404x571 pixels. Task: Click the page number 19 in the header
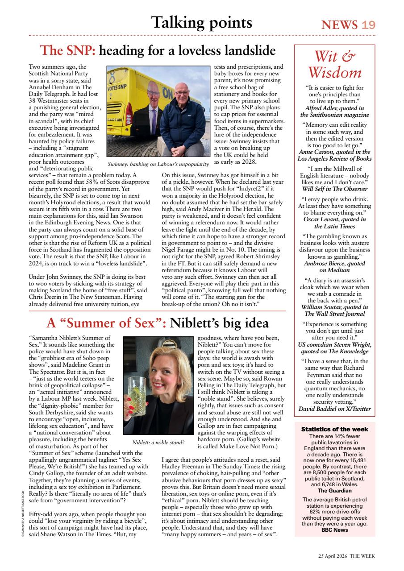pyautogui.click(x=369, y=25)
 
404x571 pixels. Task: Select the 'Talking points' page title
pyautogui.click(x=201, y=22)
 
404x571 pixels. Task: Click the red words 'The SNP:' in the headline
pyautogui.click(x=67, y=50)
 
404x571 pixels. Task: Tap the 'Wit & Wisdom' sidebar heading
pyautogui.click(x=335, y=64)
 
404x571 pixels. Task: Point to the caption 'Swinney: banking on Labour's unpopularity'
pyautogui.click(x=158, y=165)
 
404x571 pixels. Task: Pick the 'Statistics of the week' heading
pyautogui.click(x=335, y=429)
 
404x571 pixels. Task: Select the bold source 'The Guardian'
pyautogui.click(x=335, y=490)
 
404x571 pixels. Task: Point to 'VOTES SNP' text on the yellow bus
pyautogui.click(x=117, y=86)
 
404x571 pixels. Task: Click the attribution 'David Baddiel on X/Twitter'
pyautogui.click(x=335, y=409)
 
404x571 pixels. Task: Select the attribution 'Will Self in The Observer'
pyautogui.click(x=335, y=188)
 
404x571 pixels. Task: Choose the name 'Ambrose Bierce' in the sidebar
pyautogui.click(x=324, y=263)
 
